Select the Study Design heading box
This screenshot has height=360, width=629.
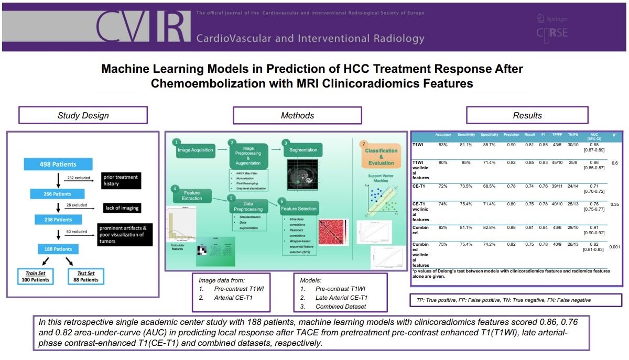point(83,115)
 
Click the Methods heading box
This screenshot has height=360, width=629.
point(297,115)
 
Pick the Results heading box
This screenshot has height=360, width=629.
point(527,115)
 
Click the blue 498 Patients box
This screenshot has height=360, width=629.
point(57,163)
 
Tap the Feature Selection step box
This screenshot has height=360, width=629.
point(299,208)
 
